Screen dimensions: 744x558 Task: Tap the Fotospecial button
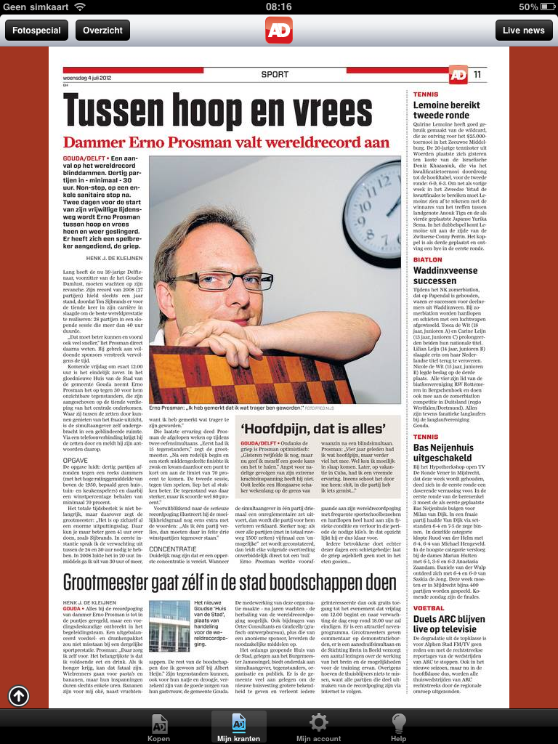click(36, 31)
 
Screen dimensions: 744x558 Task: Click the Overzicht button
click(103, 31)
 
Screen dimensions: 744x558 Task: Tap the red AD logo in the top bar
click(279, 30)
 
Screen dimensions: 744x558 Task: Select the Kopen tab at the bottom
click(159, 727)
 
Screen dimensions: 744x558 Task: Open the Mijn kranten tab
click(238, 727)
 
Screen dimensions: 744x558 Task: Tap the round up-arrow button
click(19, 697)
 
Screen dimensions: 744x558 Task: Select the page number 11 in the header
click(477, 75)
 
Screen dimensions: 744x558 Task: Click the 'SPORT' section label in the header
click(275, 74)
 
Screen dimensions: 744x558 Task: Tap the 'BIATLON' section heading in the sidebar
click(427, 259)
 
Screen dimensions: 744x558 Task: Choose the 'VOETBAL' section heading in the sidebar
click(429, 608)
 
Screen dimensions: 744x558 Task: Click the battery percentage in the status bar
click(528, 7)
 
